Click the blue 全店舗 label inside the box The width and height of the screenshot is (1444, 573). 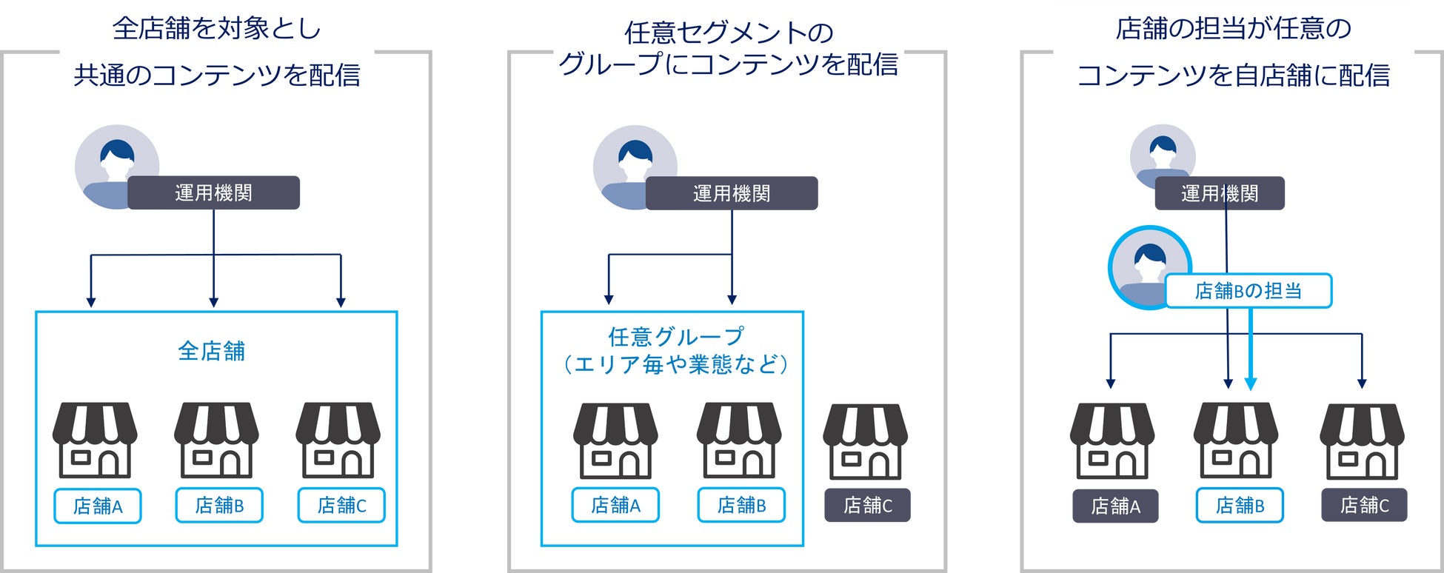coord(211,351)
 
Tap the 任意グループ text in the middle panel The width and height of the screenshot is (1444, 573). coord(675,337)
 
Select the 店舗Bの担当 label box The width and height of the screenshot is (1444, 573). coord(1249,291)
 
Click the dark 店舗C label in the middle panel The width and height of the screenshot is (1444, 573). coord(867,506)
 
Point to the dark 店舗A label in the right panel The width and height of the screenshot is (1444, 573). coord(1115,506)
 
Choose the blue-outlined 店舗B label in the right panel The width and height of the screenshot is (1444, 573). coord(1240,506)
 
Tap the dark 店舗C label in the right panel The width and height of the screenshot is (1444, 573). coord(1364,506)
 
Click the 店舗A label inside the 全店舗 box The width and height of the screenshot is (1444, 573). coord(98,506)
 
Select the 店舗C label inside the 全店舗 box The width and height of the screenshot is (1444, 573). coord(341,506)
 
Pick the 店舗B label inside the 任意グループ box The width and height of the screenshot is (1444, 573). coord(741,506)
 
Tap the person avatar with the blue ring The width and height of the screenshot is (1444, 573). coord(1149,267)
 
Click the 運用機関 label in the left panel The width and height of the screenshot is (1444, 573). coord(213,193)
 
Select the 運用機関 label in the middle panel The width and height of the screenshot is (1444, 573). coord(732,194)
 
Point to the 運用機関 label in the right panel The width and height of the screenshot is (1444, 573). coord(1219,194)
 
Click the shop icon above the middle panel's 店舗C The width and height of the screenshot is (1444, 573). coord(866,441)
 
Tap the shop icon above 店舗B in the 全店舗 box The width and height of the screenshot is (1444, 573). coord(216,440)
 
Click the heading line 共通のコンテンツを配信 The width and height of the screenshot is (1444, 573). coord(217,76)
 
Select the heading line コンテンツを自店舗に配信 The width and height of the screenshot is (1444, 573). coord(1233,76)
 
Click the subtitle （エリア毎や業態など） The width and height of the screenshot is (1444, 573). coord(675,364)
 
